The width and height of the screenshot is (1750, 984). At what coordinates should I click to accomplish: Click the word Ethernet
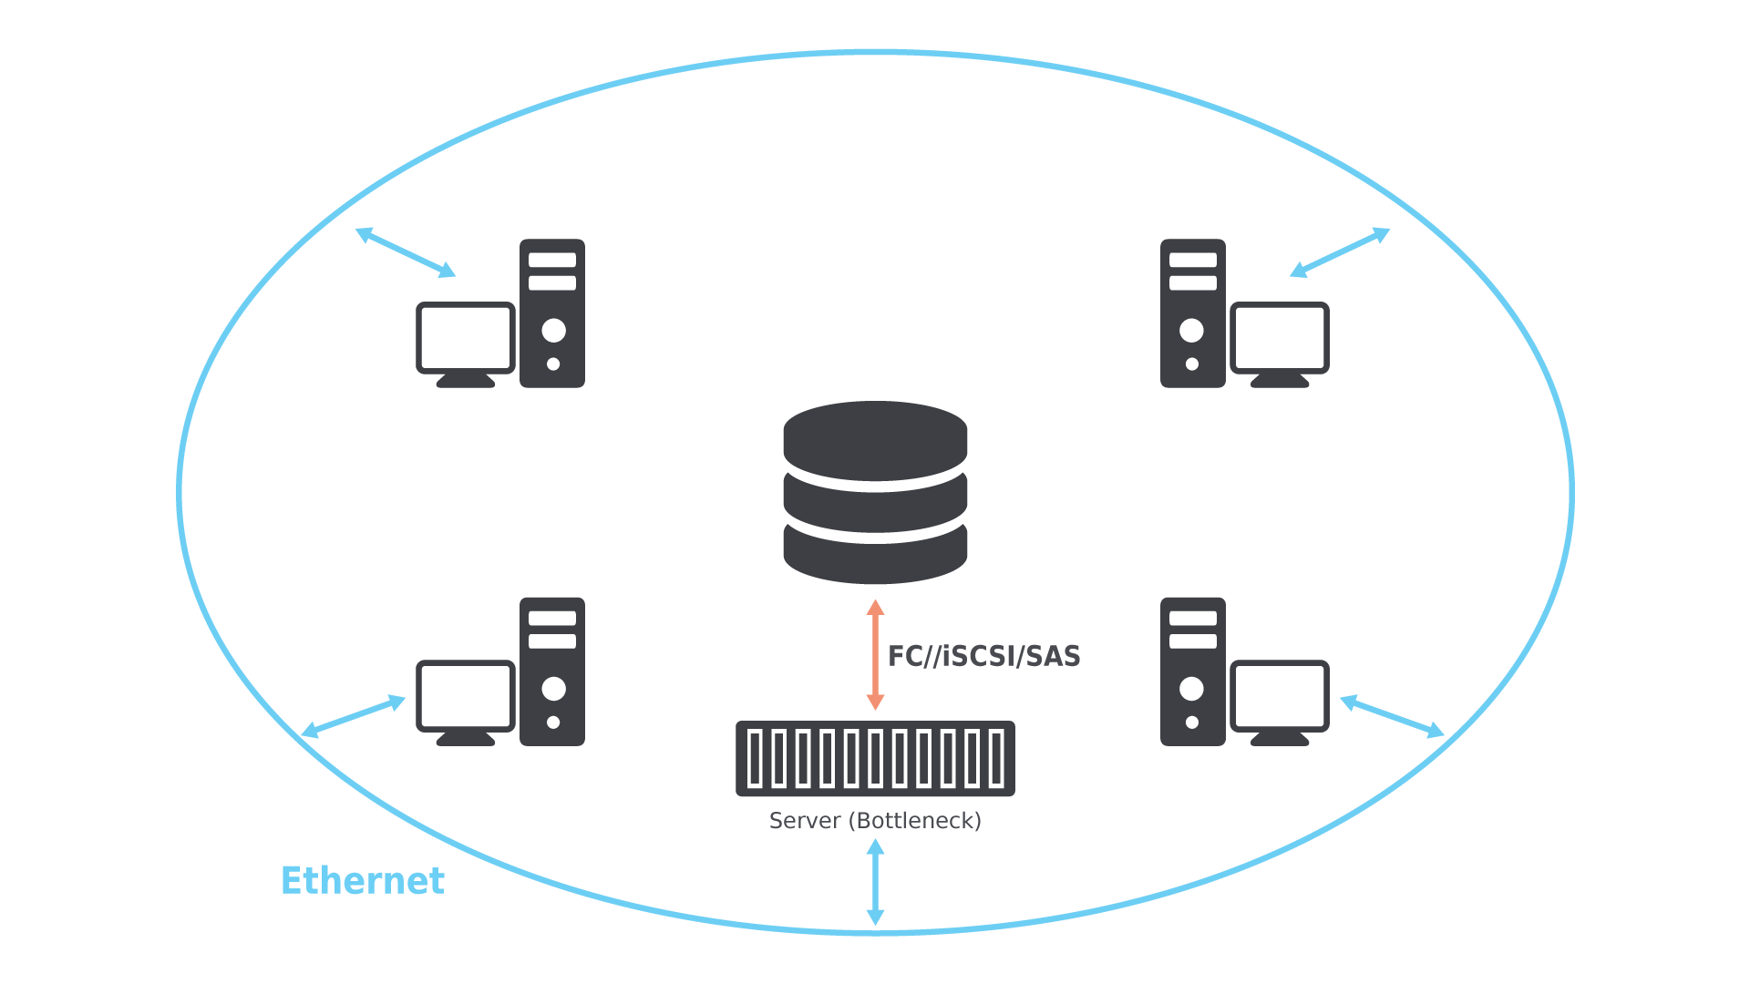pos(363,880)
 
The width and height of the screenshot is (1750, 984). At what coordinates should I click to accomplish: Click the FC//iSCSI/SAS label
pos(984,656)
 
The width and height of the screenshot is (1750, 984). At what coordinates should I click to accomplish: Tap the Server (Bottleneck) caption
pos(875,821)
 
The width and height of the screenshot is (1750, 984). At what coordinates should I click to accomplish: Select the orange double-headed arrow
pos(875,654)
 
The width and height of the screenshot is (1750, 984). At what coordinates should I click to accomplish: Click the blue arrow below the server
pos(875,882)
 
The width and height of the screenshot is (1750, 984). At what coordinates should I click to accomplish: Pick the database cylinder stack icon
pos(875,492)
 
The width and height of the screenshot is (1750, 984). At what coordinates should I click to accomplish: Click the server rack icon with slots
pos(875,758)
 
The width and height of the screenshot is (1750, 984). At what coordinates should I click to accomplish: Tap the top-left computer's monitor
pos(466,344)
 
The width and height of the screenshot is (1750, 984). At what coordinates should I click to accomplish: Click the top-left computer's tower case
pos(552,313)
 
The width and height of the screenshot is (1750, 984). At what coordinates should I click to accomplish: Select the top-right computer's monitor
pos(1280,344)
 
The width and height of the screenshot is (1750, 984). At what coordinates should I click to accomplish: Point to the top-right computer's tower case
pos(1193,313)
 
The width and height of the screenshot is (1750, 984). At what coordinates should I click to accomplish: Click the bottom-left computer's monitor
pos(466,702)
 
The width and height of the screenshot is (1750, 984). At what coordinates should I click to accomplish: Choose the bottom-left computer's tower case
pos(552,671)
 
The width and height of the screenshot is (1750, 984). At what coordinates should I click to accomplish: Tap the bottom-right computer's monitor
pos(1280,702)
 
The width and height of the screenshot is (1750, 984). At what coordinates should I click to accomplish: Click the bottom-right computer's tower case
pos(1193,671)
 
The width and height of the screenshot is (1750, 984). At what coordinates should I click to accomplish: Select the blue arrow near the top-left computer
pos(406,252)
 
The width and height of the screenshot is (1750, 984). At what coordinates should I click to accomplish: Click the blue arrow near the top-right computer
pos(1340,252)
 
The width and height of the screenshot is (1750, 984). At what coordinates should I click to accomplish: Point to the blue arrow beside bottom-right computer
pos(1393,716)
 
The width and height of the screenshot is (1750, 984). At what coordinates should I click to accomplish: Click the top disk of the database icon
pos(875,440)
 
